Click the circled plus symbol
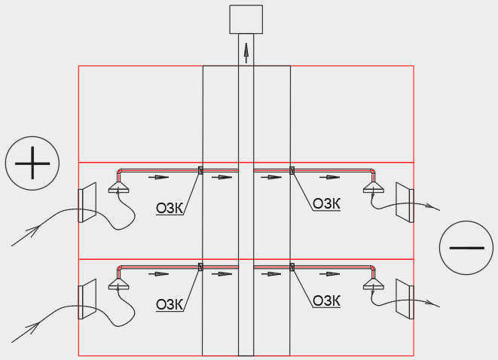coord(32,163)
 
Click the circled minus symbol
coord(466,248)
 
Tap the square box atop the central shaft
coord(246,20)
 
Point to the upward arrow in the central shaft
coord(246,53)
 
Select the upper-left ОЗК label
coord(170,209)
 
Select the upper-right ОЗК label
coord(326,204)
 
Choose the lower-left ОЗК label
coord(170,305)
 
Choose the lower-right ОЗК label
coord(326,301)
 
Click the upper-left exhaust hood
coord(119,188)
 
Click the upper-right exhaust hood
coord(374,188)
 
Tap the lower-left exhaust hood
coord(119,284)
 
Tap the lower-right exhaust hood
coord(374,284)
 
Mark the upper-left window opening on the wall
coord(87,203)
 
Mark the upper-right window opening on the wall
coord(405,203)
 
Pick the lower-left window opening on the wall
coord(87,299)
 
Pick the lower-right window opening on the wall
coord(405,299)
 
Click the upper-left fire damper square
coord(200,170)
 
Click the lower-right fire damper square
coord(292,267)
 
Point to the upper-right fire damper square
coord(292,170)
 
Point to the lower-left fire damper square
coord(200,267)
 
